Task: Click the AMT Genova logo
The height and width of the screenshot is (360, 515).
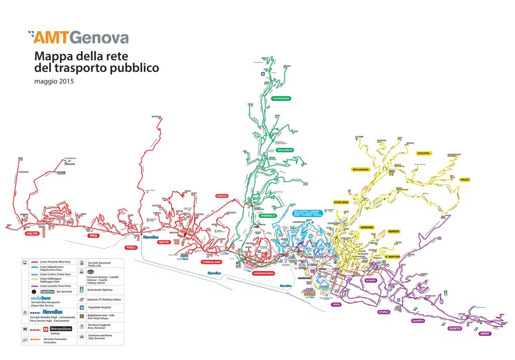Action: [78, 37]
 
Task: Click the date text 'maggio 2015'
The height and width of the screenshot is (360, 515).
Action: [54, 81]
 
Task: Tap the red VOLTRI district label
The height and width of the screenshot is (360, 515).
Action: [32, 234]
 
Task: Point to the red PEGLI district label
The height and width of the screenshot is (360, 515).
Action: [131, 247]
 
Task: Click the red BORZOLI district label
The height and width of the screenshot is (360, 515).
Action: [222, 196]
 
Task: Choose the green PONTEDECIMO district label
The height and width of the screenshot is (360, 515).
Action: [281, 99]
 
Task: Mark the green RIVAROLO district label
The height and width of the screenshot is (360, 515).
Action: [268, 215]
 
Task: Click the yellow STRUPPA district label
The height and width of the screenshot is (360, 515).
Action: [423, 153]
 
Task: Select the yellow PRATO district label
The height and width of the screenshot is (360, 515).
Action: [464, 179]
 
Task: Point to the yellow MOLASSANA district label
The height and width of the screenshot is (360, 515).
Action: [363, 169]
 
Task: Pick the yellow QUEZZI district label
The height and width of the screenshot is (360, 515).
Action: [394, 231]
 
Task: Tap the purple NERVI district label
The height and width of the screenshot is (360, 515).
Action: [485, 334]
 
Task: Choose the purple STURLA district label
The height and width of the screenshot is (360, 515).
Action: [384, 312]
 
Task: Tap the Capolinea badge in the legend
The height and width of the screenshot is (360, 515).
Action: [47, 291]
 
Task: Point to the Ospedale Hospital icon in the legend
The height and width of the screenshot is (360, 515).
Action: [81, 307]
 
